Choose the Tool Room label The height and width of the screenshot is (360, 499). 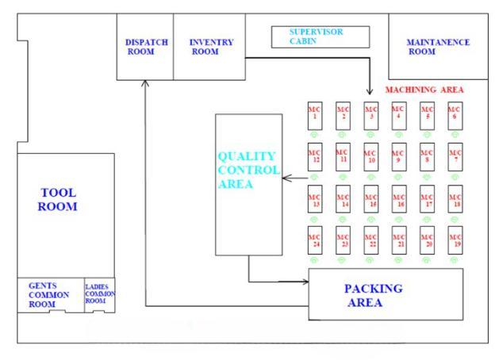pyautogui.click(x=60, y=199)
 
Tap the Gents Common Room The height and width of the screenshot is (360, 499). pyautogui.click(x=49, y=294)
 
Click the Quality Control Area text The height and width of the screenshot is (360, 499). pyautogui.click(x=248, y=170)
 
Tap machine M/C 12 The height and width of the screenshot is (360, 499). pyautogui.click(x=315, y=156)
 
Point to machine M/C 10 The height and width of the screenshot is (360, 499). pyautogui.click(x=370, y=156)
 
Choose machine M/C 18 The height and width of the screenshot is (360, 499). pyautogui.click(x=455, y=199)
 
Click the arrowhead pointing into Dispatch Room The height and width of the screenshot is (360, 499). pyautogui.click(x=145, y=82)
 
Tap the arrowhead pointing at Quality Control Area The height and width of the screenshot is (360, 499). pyautogui.click(x=286, y=178)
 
